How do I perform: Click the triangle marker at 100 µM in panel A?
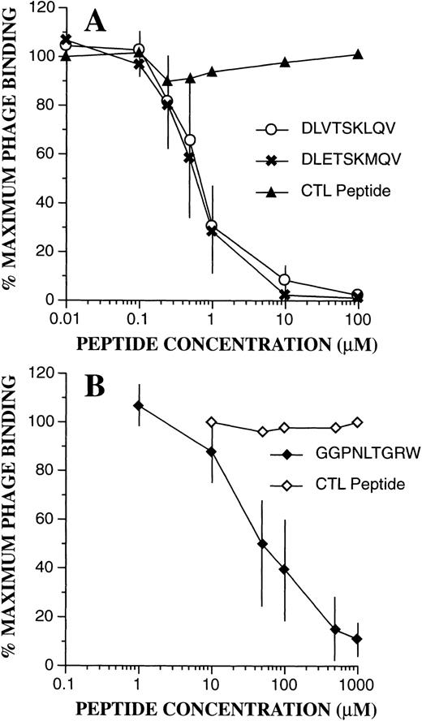358,55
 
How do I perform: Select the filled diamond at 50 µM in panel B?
262,543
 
